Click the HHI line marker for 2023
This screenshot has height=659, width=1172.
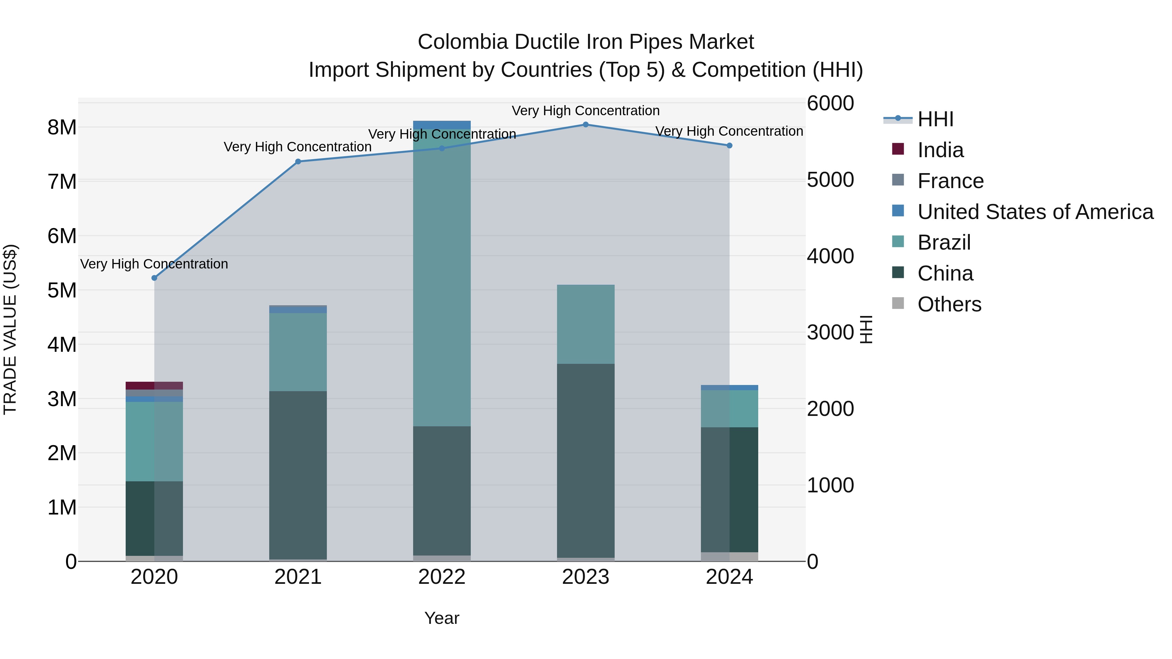tap(586, 125)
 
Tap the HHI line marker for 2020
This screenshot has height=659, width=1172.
tap(154, 278)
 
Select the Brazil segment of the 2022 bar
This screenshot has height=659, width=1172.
tap(442, 277)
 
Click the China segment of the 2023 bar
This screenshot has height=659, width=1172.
tap(586, 460)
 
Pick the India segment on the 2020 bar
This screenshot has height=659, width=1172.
tap(154, 386)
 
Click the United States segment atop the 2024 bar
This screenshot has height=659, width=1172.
tap(729, 388)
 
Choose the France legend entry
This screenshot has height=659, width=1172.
tap(950, 181)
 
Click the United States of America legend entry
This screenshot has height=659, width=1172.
tap(1035, 212)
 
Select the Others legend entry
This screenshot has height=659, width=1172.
tap(949, 304)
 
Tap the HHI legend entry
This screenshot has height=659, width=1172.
tap(935, 119)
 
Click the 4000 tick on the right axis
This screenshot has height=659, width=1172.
tap(830, 256)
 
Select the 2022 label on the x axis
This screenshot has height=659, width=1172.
tap(442, 577)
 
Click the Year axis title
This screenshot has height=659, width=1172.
tap(442, 618)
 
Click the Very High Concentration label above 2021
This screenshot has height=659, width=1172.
tap(298, 147)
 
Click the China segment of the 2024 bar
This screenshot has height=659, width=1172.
tap(729, 489)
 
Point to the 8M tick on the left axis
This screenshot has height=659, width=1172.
tap(62, 127)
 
